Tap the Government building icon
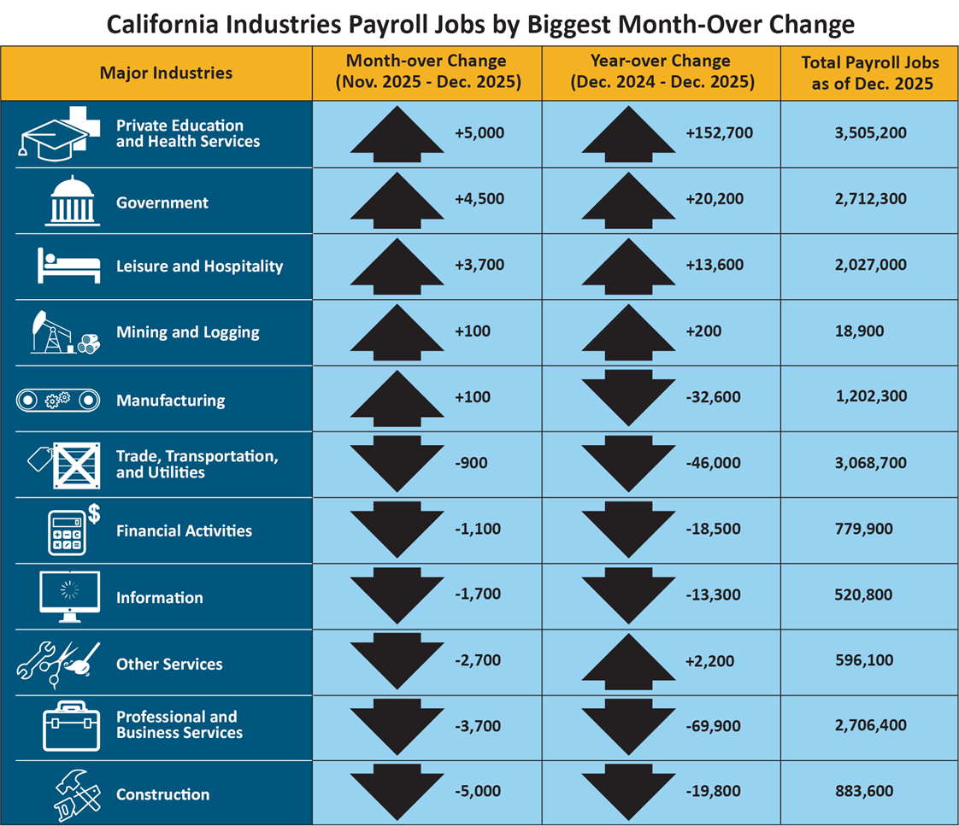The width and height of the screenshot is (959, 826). tap(71, 200)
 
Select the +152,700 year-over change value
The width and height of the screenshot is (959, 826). tap(719, 133)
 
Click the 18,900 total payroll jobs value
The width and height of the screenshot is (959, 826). tap(858, 331)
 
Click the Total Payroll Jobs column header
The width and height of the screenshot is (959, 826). tap(870, 73)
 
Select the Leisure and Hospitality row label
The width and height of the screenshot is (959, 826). tap(199, 267)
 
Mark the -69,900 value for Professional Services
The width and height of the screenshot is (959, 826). tap(714, 726)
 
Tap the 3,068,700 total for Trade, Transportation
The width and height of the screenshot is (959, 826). tap(869, 463)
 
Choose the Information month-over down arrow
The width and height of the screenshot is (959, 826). tap(397, 595)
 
